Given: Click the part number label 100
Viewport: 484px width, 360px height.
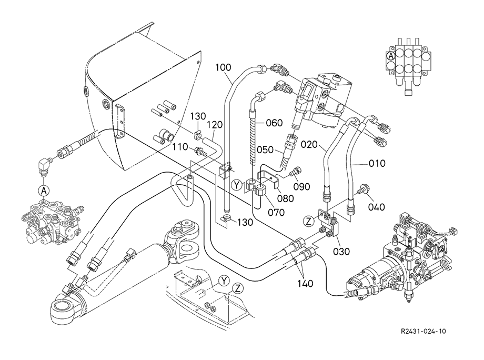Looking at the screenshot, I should tap(223, 67).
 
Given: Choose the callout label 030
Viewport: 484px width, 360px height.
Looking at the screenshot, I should tap(341, 252).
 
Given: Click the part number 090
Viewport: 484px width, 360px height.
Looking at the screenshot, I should tap(302, 187).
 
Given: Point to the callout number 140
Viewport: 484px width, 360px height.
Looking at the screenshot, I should tap(305, 283).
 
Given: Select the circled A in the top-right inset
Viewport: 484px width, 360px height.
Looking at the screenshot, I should tap(391, 55).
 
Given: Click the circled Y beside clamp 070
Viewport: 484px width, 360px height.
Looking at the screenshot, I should tap(237, 184).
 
